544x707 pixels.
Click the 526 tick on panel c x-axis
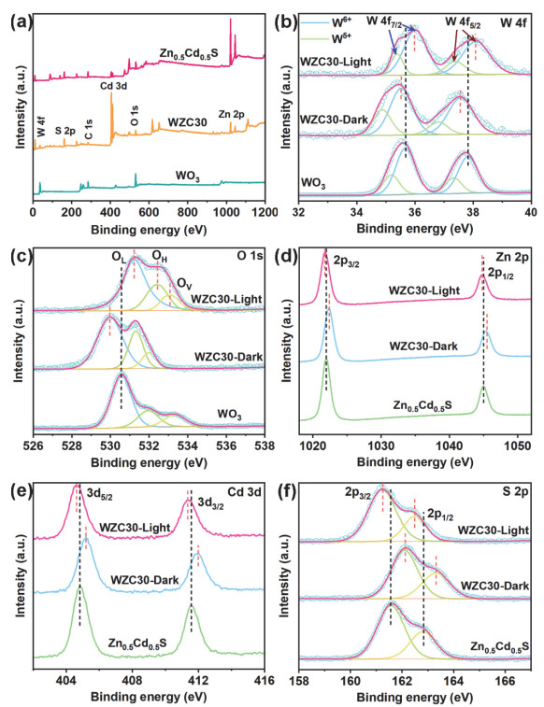tap(35, 444)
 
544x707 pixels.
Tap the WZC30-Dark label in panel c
tap(221, 356)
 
